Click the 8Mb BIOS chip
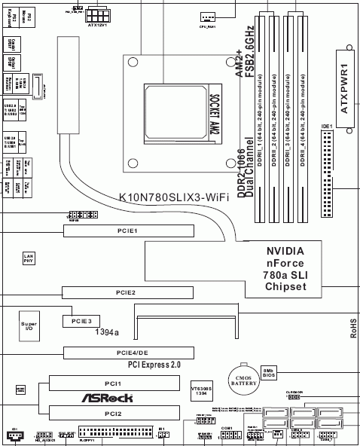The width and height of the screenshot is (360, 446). coord(269,374)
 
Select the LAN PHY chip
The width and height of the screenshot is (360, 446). coord(28,258)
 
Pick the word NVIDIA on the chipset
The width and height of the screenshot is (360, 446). coord(285,252)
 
